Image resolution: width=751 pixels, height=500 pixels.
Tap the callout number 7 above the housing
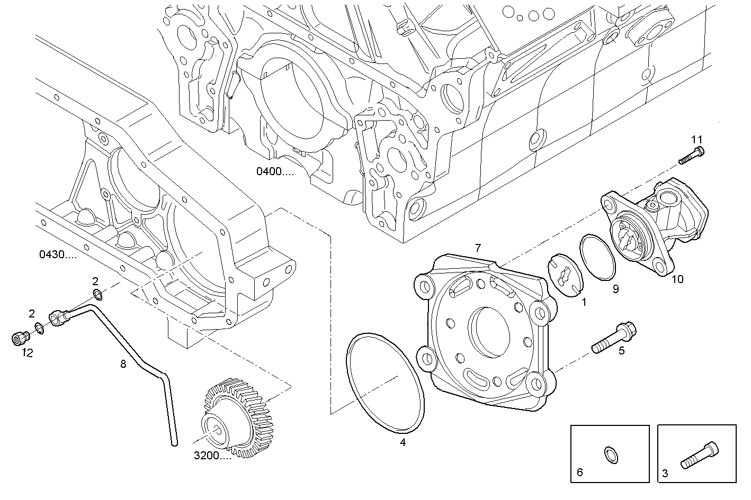pos(478,248)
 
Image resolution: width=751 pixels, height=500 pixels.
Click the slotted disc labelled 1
pos(565,275)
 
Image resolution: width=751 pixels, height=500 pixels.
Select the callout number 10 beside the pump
pos(677,279)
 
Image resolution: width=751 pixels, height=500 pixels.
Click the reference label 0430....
pos(58,254)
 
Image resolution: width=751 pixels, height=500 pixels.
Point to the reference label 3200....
pos(212,456)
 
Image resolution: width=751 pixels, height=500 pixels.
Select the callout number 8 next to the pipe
pos(123,364)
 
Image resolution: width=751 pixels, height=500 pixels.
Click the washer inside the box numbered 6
pos(611,455)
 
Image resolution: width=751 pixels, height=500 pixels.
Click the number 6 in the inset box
pos(579,472)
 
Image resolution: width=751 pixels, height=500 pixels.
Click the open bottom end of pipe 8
pos(173,443)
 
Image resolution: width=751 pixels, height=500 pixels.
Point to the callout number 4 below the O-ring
pos(403,442)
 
